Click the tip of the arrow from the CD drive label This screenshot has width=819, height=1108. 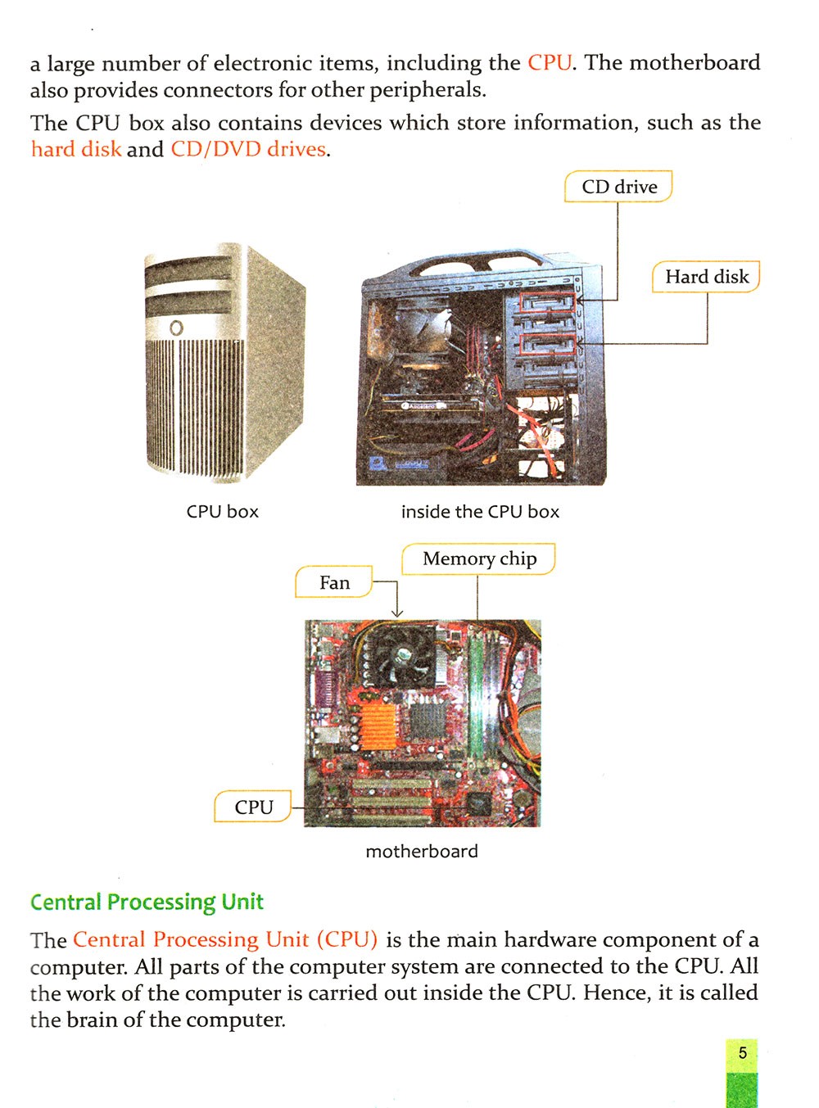click(x=576, y=301)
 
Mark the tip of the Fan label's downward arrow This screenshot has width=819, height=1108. click(x=396, y=617)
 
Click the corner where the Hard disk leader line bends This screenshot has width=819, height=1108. click(x=707, y=343)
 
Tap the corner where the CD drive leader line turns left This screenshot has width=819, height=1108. click(x=618, y=301)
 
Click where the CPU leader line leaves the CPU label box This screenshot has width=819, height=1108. click(x=292, y=807)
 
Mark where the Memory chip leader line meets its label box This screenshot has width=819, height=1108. click(x=477, y=575)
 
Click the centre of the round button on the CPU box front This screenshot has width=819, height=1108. click(x=176, y=328)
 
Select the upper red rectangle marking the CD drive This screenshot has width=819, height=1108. click(x=547, y=301)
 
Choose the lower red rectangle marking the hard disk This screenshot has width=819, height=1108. click(x=548, y=344)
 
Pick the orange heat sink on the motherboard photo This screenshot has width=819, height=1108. click(x=378, y=726)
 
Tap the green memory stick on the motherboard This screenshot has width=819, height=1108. click(x=477, y=697)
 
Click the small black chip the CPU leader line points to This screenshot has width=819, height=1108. click(x=478, y=804)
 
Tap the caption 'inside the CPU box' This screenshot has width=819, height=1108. click(x=480, y=512)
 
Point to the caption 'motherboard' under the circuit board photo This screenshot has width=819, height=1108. click(x=422, y=851)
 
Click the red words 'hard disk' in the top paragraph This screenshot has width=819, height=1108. click(x=76, y=149)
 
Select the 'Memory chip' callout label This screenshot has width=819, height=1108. click(x=479, y=559)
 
